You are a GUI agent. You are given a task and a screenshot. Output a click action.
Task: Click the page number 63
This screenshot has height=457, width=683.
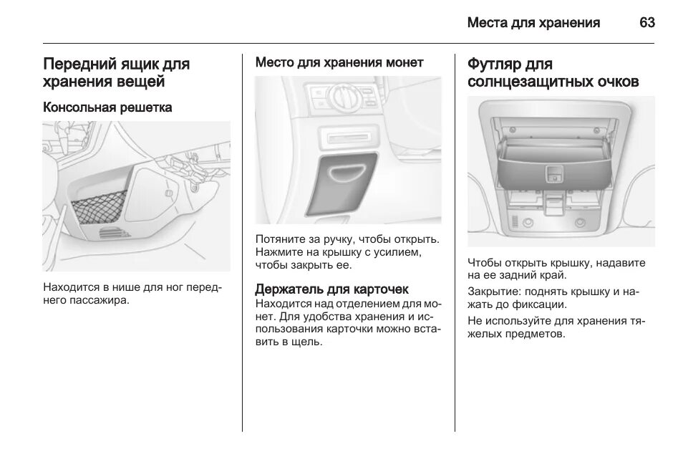646,23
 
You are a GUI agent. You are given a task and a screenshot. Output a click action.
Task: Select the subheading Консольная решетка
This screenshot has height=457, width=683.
107,107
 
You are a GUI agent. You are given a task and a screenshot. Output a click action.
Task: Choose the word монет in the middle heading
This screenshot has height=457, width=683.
405,63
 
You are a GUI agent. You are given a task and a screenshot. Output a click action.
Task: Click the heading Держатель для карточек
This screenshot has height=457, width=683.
332,289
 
